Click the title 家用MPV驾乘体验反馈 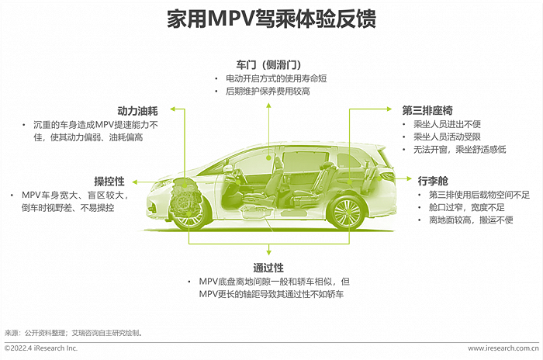[x=271, y=19]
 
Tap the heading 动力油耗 [x=138, y=110]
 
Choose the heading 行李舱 [x=433, y=180]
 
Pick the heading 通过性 [x=268, y=265]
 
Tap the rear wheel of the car [x=346, y=212]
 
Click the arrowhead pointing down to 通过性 [x=268, y=253]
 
